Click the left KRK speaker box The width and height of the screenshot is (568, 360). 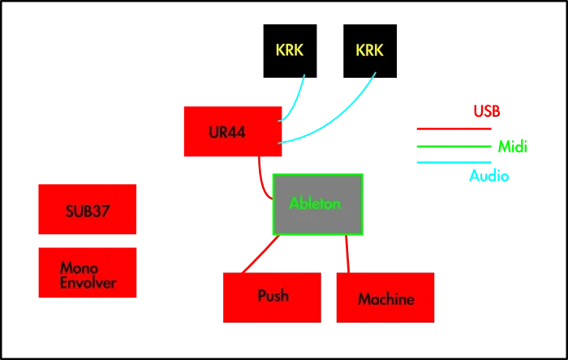click(288, 49)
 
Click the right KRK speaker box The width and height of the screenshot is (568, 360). click(369, 49)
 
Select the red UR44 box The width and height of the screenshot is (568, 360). click(232, 131)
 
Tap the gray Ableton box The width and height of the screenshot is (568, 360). click(316, 204)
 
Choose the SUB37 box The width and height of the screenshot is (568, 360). click(88, 211)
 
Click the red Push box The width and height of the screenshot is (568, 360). click(273, 298)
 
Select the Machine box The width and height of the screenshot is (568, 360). click(385, 298)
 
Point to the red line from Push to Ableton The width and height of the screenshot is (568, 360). click(260, 254)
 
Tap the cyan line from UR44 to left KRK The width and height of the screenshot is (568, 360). click(295, 101)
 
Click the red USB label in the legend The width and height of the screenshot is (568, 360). click(487, 110)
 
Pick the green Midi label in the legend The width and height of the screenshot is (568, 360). click(512, 146)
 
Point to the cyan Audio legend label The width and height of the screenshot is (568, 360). click(489, 174)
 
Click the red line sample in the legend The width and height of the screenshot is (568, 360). click(454, 129)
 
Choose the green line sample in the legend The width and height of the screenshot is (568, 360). click(454, 146)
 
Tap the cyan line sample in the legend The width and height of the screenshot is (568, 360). click(454, 163)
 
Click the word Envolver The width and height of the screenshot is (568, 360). click(88, 283)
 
